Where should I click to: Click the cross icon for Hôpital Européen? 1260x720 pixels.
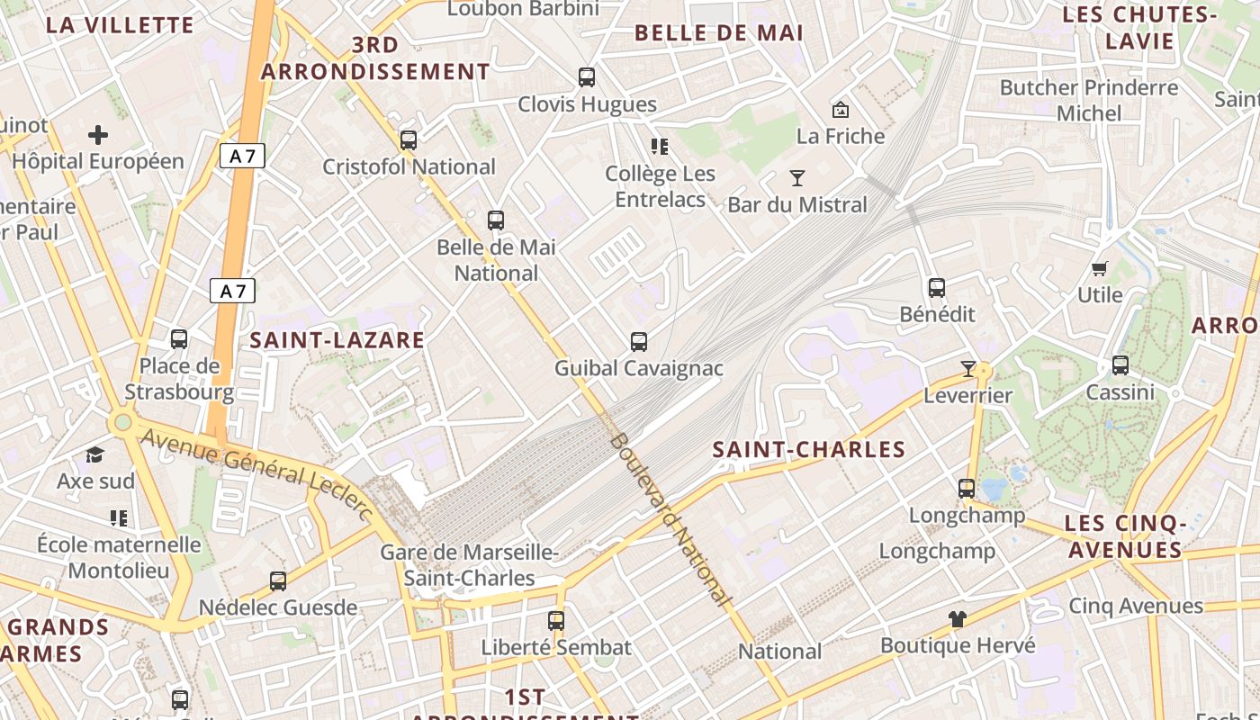[x=98, y=136]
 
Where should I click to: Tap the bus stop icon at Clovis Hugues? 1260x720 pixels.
[x=587, y=77]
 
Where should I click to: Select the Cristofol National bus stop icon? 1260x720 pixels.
[x=409, y=140]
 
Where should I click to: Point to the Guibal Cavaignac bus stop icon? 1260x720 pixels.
[x=639, y=342]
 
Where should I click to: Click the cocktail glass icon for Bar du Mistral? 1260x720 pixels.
[x=797, y=178]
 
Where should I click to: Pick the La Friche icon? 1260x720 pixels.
[x=841, y=110]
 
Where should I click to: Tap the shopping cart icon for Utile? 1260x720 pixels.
[x=1099, y=268]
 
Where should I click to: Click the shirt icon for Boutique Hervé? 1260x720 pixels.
[x=958, y=619]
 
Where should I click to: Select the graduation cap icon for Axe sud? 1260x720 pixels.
[x=95, y=454]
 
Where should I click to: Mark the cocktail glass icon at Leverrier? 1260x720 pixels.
[x=968, y=369]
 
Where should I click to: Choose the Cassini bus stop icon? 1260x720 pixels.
[x=1120, y=365]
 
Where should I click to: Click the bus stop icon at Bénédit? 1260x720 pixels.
[x=937, y=288]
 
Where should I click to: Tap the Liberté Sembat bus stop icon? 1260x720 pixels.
[x=556, y=621]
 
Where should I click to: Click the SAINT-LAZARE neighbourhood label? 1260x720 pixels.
[x=337, y=340]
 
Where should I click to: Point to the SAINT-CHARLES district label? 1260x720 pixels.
[x=808, y=450]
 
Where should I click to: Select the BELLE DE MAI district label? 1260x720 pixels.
[x=718, y=33]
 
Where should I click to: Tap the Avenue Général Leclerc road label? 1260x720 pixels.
[x=256, y=472]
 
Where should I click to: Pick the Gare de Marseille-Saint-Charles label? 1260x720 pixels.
[x=469, y=565]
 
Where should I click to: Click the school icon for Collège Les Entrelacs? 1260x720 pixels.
[x=660, y=147]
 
